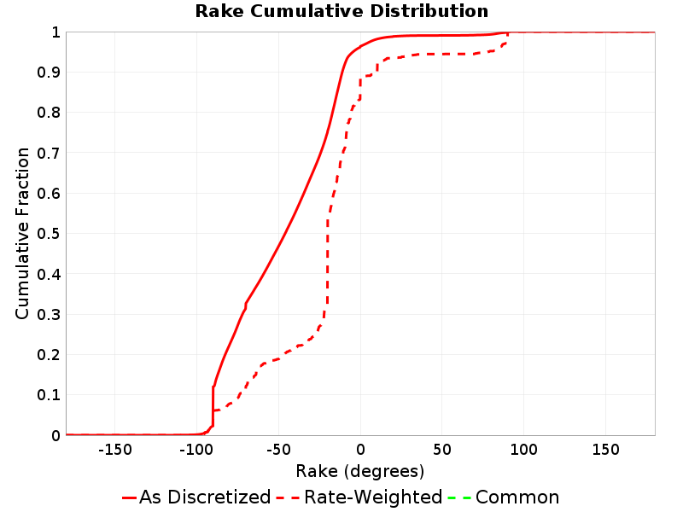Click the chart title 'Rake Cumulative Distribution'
(x=341, y=11)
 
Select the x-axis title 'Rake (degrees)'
(x=359, y=472)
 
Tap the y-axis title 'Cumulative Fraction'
(x=22, y=233)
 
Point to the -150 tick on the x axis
(x=115, y=450)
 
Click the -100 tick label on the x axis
(x=196, y=450)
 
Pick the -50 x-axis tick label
(x=278, y=450)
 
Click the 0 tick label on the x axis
(x=360, y=450)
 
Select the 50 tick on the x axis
(x=442, y=450)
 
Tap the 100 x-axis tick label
(x=524, y=450)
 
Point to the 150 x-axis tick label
(x=606, y=450)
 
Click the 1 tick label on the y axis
(x=55, y=32)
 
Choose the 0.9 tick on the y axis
(x=49, y=73)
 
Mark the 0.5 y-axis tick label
(x=49, y=234)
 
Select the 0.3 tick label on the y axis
(x=49, y=314)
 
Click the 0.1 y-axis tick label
(x=49, y=395)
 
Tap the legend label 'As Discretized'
(x=205, y=497)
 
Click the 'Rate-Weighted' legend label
(x=373, y=497)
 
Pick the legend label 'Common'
(x=517, y=497)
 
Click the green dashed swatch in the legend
(x=459, y=497)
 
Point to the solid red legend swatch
(x=130, y=497)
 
